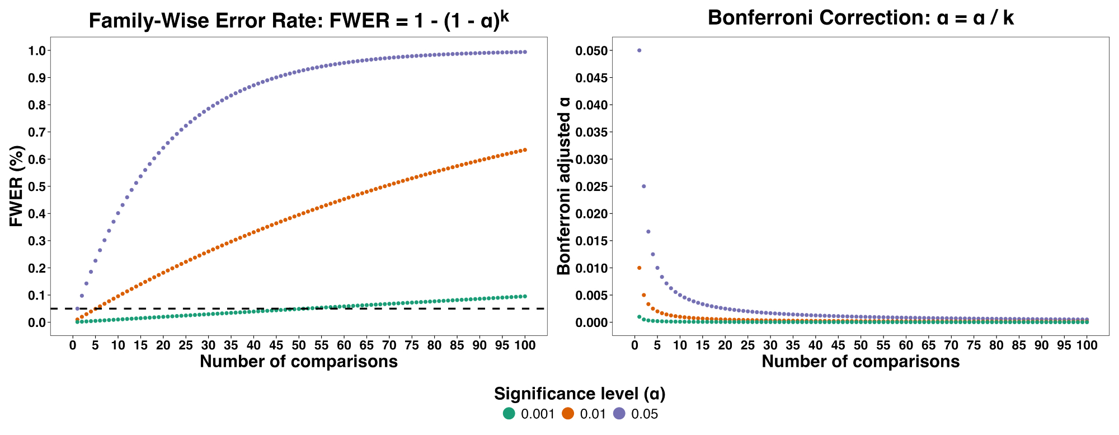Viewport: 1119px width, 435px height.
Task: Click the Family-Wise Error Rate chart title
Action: (299, 20)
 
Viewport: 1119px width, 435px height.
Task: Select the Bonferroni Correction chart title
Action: (861, 18)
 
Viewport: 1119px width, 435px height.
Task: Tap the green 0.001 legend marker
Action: (509, 414)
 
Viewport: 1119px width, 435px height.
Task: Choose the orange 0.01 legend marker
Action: (568, 414)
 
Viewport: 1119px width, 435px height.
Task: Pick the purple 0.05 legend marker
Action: (619, 414)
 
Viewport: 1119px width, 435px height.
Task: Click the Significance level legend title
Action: (580, 394)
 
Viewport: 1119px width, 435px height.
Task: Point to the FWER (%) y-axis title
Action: (17, 186)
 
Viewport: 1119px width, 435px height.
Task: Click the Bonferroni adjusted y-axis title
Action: (564, 186)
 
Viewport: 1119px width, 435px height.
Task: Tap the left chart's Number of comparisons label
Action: (299, 362)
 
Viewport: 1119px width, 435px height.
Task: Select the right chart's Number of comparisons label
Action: (861, 362)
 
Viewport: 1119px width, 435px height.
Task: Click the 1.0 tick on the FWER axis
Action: (36, 51)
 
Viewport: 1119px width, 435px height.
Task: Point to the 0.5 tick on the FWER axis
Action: (36, 186)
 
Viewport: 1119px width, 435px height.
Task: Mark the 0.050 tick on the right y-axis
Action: (591, 51)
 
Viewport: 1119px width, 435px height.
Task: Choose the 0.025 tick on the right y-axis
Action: (591, 186)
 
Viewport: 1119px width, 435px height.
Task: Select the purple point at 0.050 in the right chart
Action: (639, 50)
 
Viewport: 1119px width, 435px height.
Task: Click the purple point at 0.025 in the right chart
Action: (643, 186)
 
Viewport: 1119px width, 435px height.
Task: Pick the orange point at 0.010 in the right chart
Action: (639, 268)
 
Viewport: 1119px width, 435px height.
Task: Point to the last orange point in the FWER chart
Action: (525, 150)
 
